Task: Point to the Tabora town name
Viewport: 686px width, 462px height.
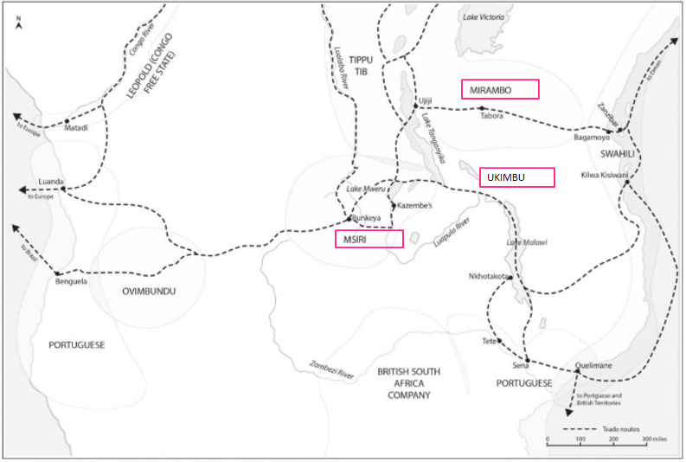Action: coord(491,118)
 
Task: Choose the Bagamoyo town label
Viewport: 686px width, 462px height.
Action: coord(592,138)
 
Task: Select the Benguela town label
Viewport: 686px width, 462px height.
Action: coord(71,281)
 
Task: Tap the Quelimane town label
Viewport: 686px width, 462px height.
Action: coord(593,365)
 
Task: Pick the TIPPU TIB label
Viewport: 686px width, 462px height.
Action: coord(358,66)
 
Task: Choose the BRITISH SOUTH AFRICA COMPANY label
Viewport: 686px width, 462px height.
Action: coord(408,383)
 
